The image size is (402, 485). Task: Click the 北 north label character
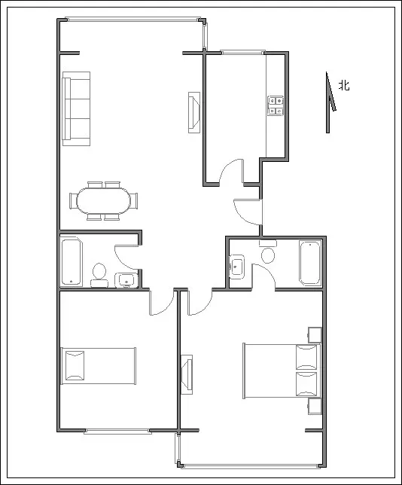(344, 85)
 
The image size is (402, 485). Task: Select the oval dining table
(104, 200)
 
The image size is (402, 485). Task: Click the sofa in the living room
(76, 108)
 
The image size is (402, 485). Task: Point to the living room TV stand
(194, 113)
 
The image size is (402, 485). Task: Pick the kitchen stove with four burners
(276, 105)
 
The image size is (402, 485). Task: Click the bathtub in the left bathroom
(72, 261)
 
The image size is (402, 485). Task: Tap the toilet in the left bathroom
(99, 275)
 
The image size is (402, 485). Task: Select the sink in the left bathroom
(126, 280)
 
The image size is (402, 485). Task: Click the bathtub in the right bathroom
(310, 263)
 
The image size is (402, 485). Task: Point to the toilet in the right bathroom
(268, 252)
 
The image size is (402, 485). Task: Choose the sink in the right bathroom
(237, 267)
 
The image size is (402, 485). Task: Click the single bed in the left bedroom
(99, 366)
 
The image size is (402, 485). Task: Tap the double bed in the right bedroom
(282, 371)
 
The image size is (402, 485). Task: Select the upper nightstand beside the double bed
(315, 335)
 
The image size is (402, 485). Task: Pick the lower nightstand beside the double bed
(315, 407)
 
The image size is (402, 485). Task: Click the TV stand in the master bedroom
(187, 374)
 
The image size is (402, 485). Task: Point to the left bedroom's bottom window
(117, 432)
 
